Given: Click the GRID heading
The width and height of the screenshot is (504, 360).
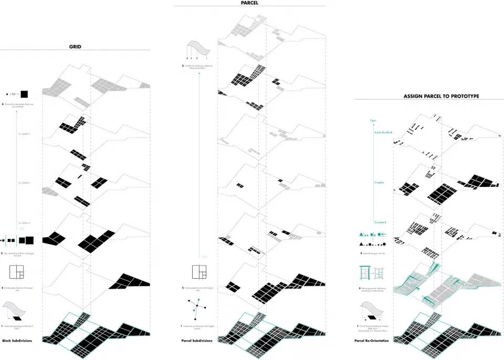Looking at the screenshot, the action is tap(75, 47).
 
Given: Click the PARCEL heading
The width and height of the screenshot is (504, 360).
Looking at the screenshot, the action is tap(249, 3).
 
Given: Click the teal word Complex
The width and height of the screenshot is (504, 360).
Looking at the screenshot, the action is tap(379, 183).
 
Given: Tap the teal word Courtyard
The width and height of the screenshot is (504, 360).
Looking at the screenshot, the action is tap(380, 222).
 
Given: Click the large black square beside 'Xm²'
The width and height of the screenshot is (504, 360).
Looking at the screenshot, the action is tap(24, 94).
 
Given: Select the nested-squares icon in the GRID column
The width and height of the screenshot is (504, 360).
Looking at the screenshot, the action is tap(17, 272).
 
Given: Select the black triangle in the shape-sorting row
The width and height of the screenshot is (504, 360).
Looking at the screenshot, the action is tap(361, 245).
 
